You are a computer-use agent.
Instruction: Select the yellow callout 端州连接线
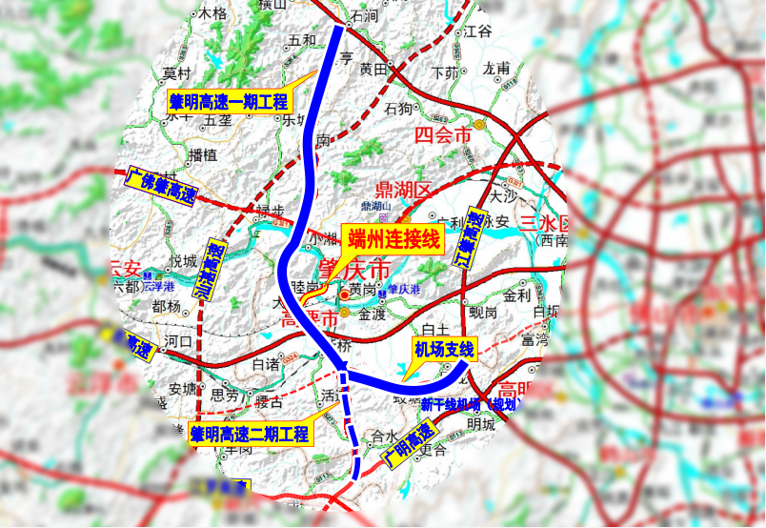393,239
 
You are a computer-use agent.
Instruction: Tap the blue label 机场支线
444,349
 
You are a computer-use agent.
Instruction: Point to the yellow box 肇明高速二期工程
250,435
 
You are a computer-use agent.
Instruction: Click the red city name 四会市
443,135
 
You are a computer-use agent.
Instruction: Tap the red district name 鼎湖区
404,188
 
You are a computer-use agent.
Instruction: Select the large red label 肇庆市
353,270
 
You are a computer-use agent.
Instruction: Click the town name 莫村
177,73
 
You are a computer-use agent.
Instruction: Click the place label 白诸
265,363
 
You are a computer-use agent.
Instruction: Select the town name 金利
516,295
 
